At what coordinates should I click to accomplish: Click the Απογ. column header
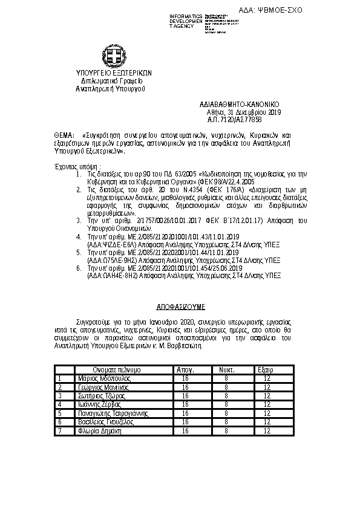point(185,369)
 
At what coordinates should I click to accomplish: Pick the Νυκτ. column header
point(226,369)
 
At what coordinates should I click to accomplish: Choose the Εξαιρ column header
point(266,369)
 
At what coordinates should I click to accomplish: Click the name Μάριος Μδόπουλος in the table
point(105,378)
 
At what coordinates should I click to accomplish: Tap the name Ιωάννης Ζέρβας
point(100,404)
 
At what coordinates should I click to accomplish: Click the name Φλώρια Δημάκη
point(100,431)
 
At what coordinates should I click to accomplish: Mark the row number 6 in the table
point(60,423)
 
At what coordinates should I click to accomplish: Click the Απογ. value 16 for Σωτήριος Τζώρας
point(185,396)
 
